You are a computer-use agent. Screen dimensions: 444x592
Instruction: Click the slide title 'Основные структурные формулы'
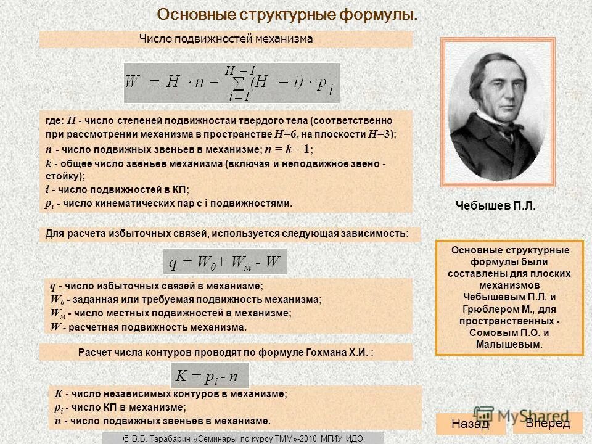tap(287, 14)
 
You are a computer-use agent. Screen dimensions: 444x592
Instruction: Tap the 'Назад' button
tap(470, 424)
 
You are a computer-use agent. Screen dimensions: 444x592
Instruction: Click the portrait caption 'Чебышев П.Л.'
tap(496, 206)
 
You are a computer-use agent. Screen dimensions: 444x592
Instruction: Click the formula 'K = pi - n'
tap(209, 376)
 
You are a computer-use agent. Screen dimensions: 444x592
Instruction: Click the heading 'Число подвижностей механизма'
tap(226, 39)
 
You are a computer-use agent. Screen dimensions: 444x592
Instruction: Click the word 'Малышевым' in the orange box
tap(509, 344)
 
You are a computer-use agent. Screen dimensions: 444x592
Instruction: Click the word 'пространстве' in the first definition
tap(242, 134)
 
